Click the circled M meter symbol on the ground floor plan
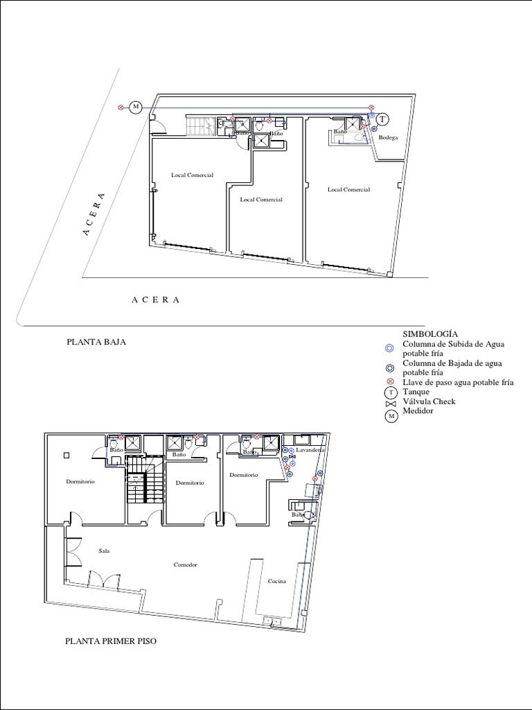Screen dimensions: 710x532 click(136, 107)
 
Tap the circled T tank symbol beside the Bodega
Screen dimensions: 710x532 click(381, 119)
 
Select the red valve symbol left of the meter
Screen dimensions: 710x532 click(121, 107)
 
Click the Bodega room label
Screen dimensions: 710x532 click(388, 138)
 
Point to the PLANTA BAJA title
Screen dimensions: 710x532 click(96, 342)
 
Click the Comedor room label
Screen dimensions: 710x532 click(185, 564)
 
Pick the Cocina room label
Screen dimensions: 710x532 click(277, 581)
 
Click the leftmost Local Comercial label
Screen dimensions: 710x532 click(192, 175)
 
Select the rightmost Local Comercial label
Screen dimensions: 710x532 click(348, 189)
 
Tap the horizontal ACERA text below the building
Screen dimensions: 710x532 click(156, 300)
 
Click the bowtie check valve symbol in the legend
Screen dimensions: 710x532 click(390, 404)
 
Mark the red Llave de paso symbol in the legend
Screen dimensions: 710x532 click(390, 383)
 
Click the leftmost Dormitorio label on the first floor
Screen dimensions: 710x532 click(80, 480)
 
